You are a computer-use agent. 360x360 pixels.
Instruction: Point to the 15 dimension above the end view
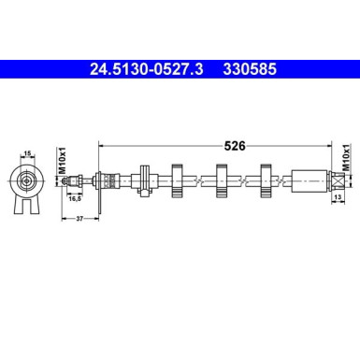pos(28,153)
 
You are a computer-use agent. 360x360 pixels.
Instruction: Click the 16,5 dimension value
pos(74,198)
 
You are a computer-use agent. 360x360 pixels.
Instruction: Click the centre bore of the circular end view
pos(28,180)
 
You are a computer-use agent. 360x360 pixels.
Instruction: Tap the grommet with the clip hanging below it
pos(144,180)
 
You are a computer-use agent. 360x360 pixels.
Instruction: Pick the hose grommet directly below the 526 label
pos(222,180)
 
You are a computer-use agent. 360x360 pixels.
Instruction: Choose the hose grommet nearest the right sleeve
pos(266,180)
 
